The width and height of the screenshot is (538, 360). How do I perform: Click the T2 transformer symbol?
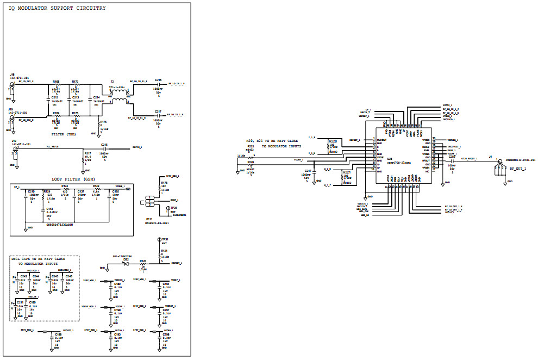click(x=120, y=96)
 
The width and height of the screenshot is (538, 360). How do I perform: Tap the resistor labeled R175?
click(x=100, y=126)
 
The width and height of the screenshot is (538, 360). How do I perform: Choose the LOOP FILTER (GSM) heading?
click(x=72, y=178)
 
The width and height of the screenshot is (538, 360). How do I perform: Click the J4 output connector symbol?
click(x=497, y=166)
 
